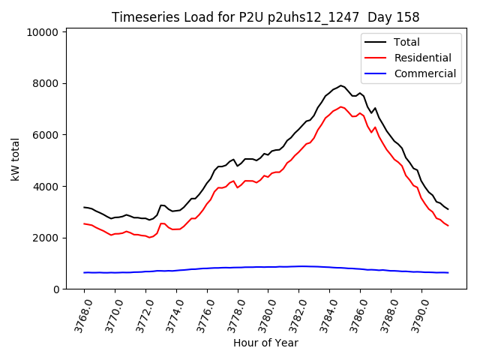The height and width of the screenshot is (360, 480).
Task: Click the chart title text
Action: [265, 17]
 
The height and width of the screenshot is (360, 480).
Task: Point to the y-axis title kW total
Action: [15, 158]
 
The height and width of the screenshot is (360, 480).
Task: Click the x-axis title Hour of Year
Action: [265, 343]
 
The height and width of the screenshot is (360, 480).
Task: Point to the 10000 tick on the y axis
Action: [43, 32]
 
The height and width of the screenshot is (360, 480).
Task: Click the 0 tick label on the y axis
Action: [56, 289]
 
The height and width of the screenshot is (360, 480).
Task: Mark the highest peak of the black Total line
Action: [340, 85]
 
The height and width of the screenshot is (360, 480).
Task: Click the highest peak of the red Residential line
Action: [341, 106]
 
